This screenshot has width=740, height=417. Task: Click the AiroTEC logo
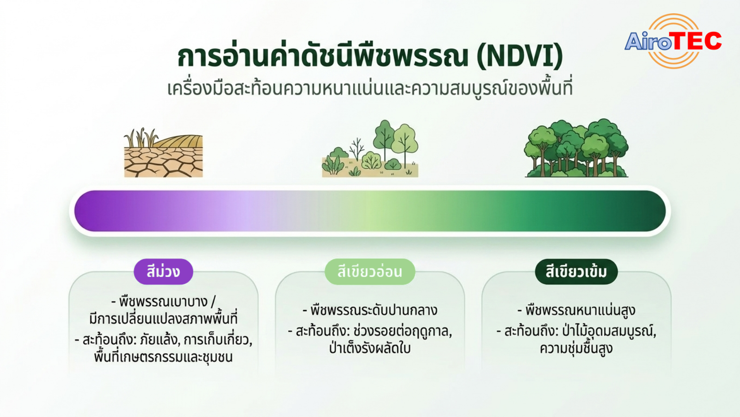[x=673, y=41]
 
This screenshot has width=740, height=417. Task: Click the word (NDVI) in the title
[x=520, y=56]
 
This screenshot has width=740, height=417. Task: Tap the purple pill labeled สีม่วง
[x=163, y=272]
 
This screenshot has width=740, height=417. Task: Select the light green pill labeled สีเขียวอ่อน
[x=370, y=272]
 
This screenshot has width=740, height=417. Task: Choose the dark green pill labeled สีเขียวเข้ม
[x=576, y=272]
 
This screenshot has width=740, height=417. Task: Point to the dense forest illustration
[x=577, y=148]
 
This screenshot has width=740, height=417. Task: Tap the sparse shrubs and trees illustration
[x=370, y=149]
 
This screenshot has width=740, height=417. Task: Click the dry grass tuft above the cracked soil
[x=141, y=137]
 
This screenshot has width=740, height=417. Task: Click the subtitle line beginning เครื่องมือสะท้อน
[x=370, y=88]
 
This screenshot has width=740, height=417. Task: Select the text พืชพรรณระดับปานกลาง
[x=374, y=310]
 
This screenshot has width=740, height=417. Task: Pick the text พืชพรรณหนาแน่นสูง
[x=580, y=310]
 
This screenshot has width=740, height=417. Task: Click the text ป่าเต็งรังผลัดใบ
[x=370, y=348]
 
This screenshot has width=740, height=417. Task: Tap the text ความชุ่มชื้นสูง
[x=576, y=348]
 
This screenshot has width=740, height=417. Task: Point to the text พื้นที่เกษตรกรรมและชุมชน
[x=163, y=356]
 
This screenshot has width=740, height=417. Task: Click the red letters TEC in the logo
[x=697, y=41]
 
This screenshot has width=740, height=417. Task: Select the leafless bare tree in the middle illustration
[x=356, y=149]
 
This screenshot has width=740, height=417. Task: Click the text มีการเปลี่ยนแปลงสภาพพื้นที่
[x=163, y=319]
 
